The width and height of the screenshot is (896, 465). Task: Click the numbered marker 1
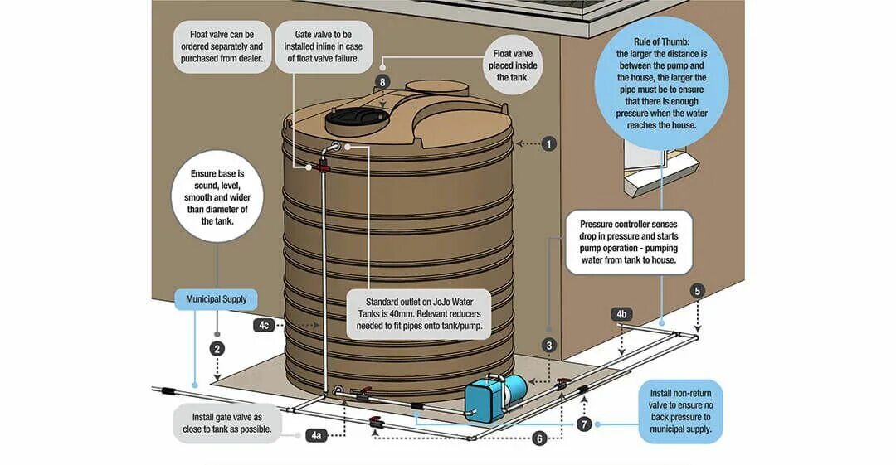[x=548, y=143]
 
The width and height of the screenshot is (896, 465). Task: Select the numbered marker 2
[x=217, y=348]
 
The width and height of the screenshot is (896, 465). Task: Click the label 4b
[x=621, y=315]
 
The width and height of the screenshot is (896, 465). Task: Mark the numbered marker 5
[x=697, y=291]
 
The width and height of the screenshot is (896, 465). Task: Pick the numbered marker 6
[x=540, y=438]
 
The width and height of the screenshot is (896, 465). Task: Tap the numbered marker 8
[x=382, y=82]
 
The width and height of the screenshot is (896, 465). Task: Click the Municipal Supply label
[x=217, y=298]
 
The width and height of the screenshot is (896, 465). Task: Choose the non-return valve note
[x=681, y=411]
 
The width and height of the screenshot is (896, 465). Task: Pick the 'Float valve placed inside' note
[x=507, y=65]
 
